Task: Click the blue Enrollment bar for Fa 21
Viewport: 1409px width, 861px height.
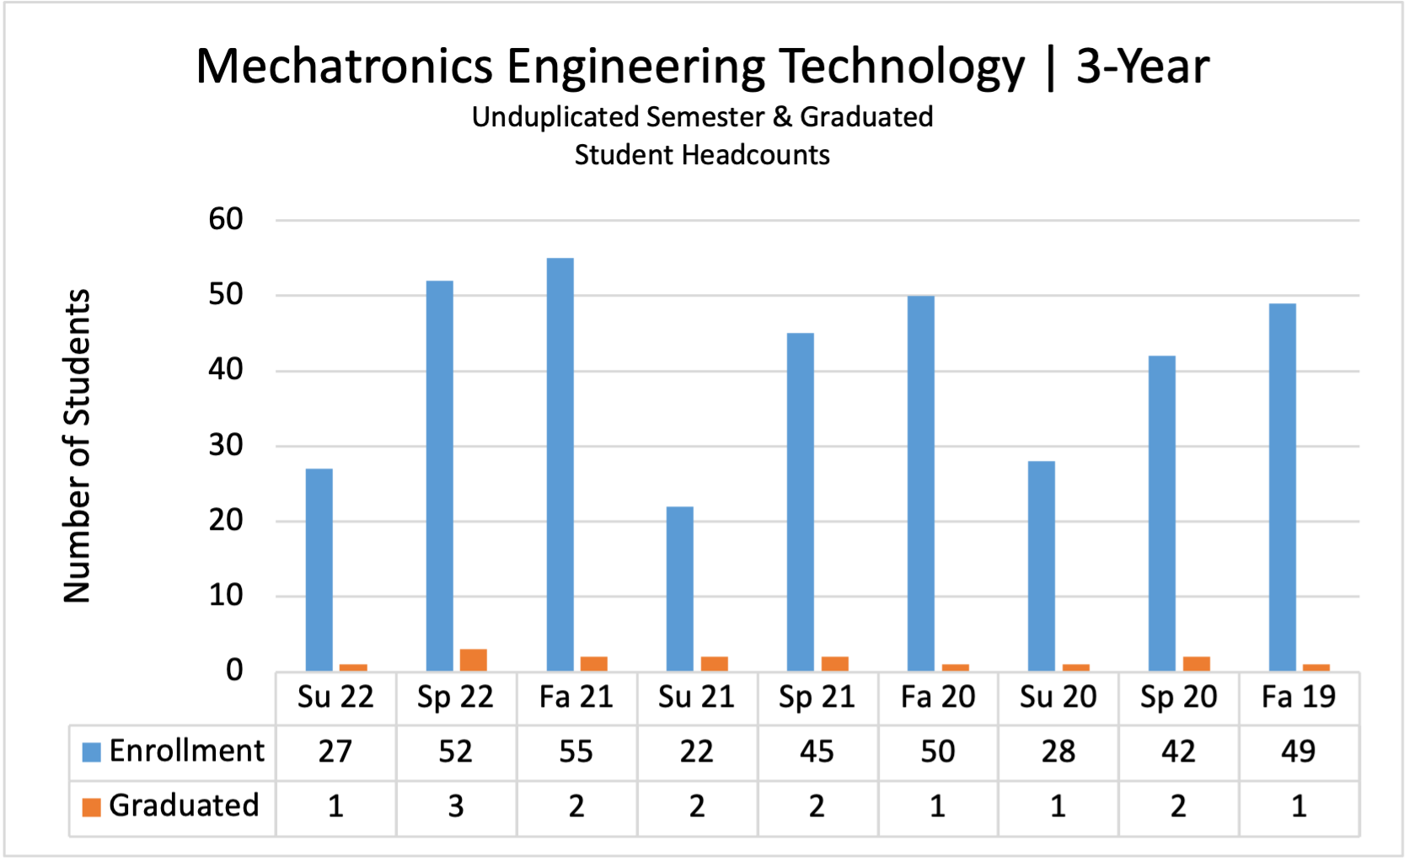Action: pos(560,463)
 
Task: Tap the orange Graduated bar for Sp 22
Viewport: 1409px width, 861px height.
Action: pos(474,660)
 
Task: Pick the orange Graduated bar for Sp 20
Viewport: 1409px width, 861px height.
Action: pos(1197,663)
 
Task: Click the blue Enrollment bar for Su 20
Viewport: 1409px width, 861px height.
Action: pos(1042,565)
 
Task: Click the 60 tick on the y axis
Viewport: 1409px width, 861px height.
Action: pos(226,220)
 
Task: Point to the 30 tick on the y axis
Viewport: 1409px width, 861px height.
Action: pos(226,446)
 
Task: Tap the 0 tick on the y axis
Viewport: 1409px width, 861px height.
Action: pos(234,671)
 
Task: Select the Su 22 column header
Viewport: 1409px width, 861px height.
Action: pos(335,698)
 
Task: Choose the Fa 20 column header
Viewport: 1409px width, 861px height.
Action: pos(938,698)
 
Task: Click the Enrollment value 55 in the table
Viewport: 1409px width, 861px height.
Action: pos(576,751)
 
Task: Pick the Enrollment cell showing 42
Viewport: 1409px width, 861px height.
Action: pos(1178,751)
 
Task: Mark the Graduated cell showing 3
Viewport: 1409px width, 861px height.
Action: pos(456,807)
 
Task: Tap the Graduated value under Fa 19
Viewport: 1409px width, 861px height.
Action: pos(1299,807)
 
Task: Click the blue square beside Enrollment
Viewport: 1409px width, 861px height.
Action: pos(91,751)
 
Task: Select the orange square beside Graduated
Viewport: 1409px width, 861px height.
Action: pos(91,807)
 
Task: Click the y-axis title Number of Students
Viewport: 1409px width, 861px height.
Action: pos(78,446)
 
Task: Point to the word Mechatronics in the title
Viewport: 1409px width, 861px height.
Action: pos(344,67)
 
